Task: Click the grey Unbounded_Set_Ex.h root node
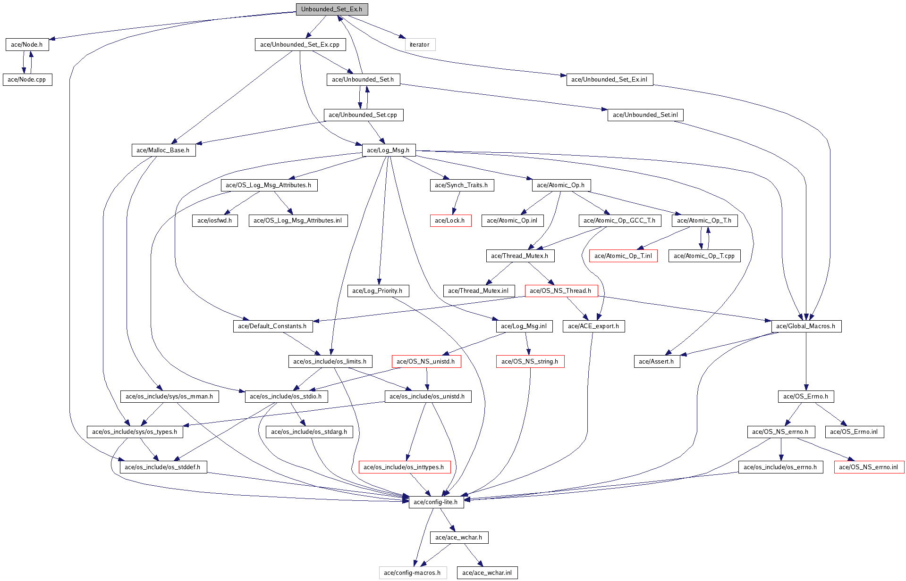click(x=331, y=9)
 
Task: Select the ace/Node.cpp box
click(x=27, y=80)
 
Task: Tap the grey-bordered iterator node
click(x=420, y=45)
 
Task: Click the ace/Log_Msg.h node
click(x=388, y=150)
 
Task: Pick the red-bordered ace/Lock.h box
click(x=450, y=221)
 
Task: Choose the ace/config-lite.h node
click(x=436, y=502)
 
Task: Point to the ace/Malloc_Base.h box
click(x=163, y=150)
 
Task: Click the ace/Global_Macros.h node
click(x=806, y=326)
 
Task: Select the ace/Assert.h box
click(x=656, y=362)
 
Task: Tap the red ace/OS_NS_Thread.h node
click(x=561, y=291)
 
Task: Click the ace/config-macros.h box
click(x=412, y=573)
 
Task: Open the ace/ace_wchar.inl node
click(x=487, y=573)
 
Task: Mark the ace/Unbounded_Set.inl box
click(x=645, y=115)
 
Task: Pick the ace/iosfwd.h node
click(x=215, y=221)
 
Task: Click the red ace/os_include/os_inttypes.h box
click(x=404, y=467)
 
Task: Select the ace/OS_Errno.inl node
click(x=854, y=432)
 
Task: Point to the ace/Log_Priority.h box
click(x=378, y=291)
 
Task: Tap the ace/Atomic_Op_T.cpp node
click(x=704, y=256)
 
